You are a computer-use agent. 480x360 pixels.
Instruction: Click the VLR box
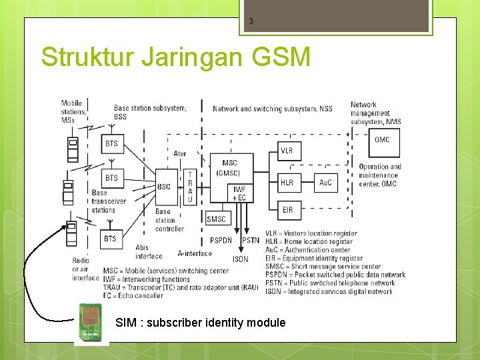286,151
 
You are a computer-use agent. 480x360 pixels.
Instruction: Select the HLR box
286,182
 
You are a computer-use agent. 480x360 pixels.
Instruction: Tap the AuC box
325,182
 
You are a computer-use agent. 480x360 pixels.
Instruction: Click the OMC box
382,140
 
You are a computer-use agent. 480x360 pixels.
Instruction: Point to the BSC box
164,187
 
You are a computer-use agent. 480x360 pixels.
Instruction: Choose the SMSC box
216,219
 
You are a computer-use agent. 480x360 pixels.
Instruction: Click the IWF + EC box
239,193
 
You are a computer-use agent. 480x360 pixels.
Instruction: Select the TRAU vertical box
190,187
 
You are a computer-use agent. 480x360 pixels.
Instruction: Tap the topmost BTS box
111,143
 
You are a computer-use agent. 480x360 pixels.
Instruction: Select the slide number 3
251,21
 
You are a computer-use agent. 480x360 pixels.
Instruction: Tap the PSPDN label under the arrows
221,241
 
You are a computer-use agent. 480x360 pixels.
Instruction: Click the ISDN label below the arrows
240,259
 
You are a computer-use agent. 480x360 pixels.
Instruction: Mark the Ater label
180,154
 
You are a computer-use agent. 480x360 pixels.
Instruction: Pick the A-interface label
195,253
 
